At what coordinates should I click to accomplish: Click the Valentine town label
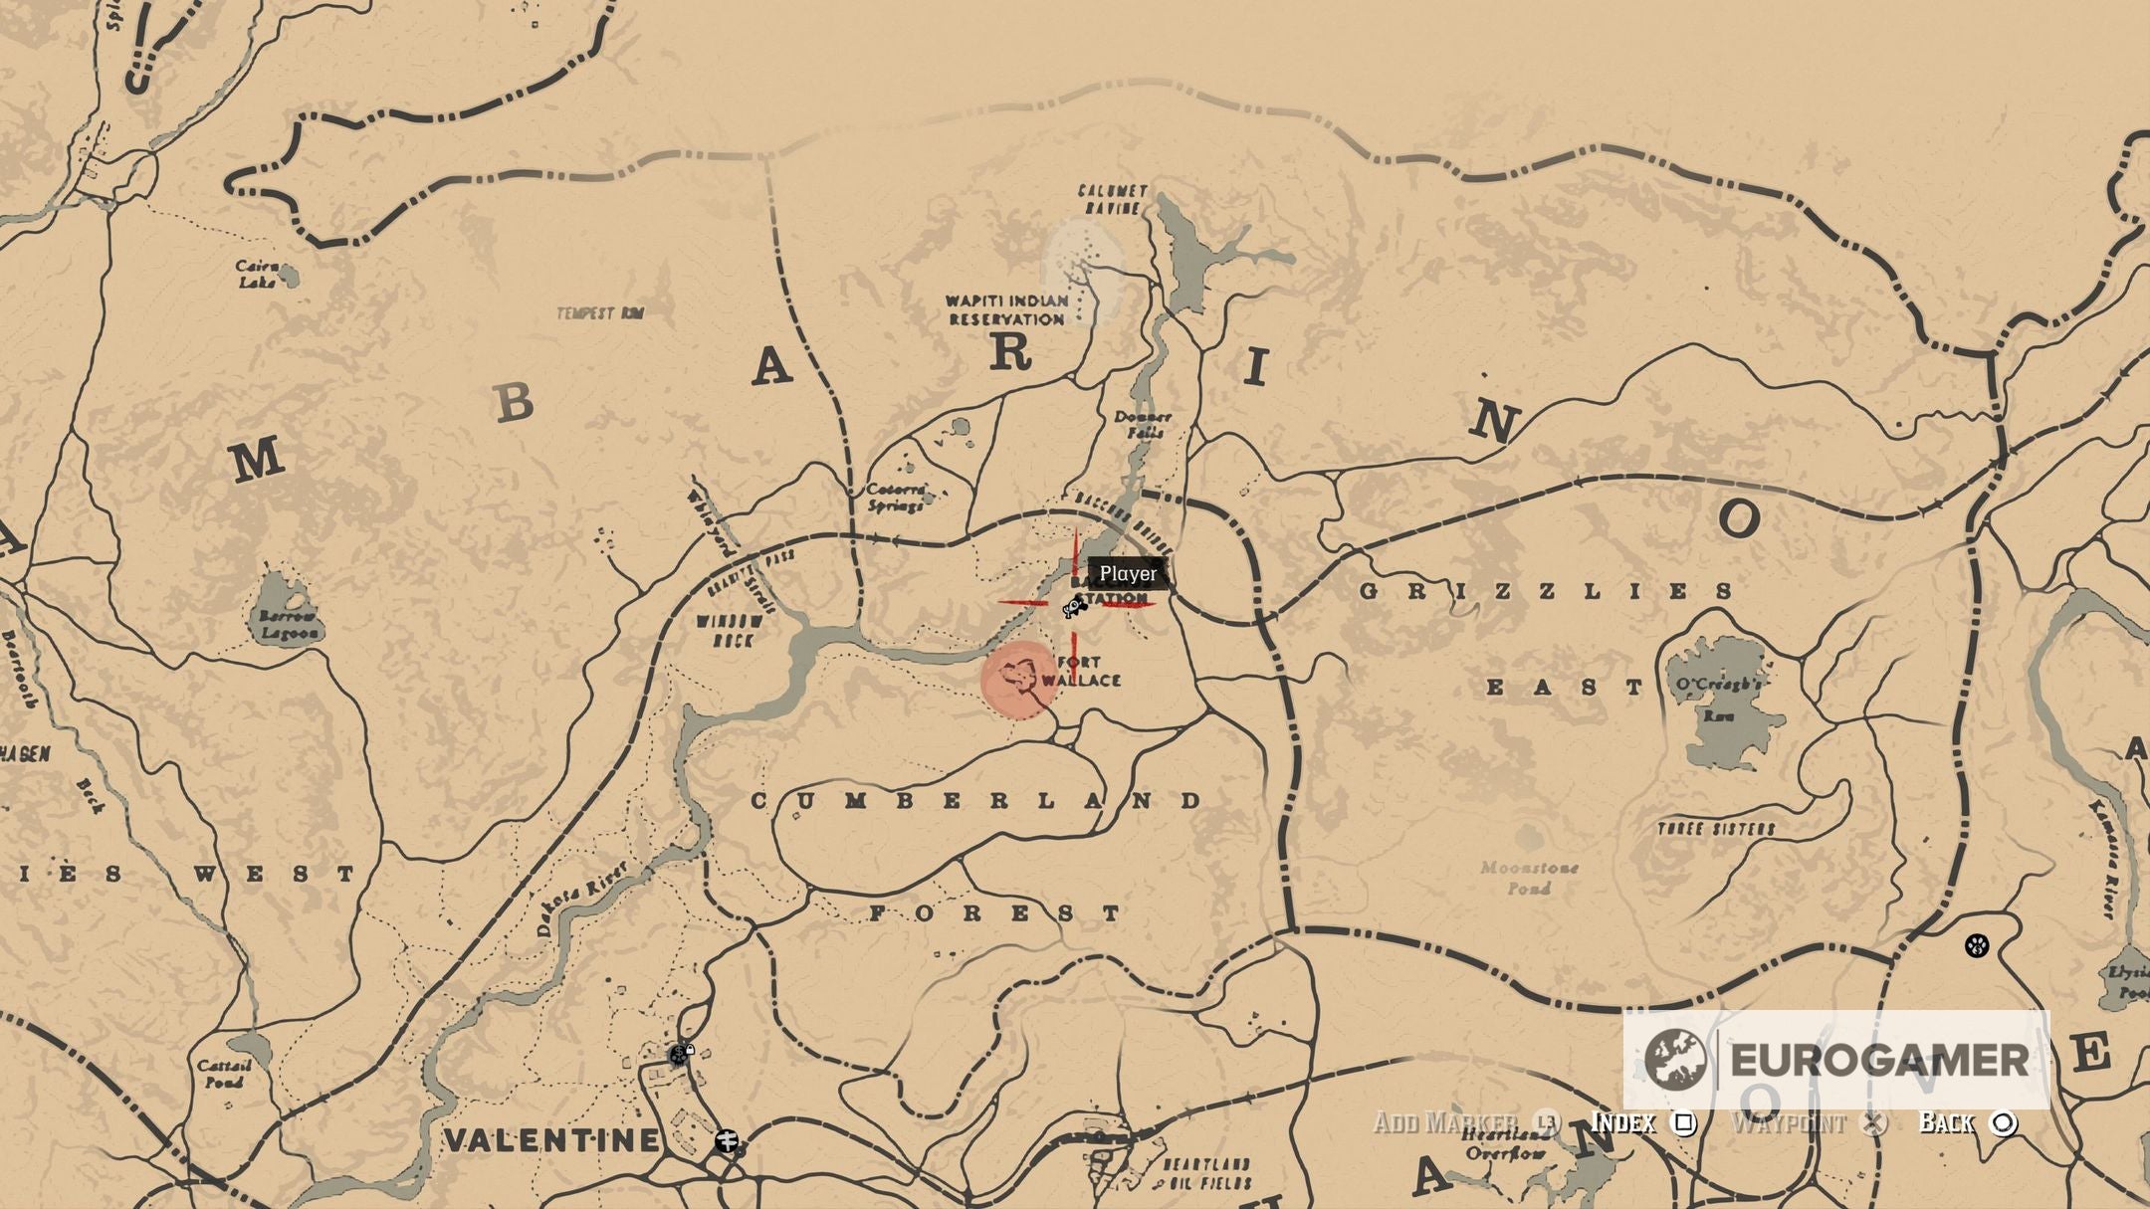pyautogui.click(x=550, y=1140)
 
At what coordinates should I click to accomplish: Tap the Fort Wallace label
pyautogui.click(x=1086, y=672)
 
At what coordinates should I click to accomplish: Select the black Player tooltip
pyautogui.click(x=1128, y=574)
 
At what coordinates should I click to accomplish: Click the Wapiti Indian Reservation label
pyautogui.click(x=1006, y=309)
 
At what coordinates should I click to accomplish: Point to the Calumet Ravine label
pyautogui.click(x=1112, y=199)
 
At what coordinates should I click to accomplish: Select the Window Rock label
pyautogui.click(x=730, y=630)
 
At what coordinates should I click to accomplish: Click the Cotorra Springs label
pyautogui.click(x=896, y=497)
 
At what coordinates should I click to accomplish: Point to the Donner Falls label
pyautogui.click(x=1142, y=425)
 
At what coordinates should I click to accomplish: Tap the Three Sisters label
pyautogui.click(x=1716, y=829)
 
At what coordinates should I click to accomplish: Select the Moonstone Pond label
pyautogui.click(x=1528, y=877)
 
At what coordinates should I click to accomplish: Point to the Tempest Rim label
pyautogui.click(x=600, y=313)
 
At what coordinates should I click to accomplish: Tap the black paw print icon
pyautogui.click(x=1976, y=944)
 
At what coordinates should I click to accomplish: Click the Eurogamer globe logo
pyautogui.click(x=1675, y=1059)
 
